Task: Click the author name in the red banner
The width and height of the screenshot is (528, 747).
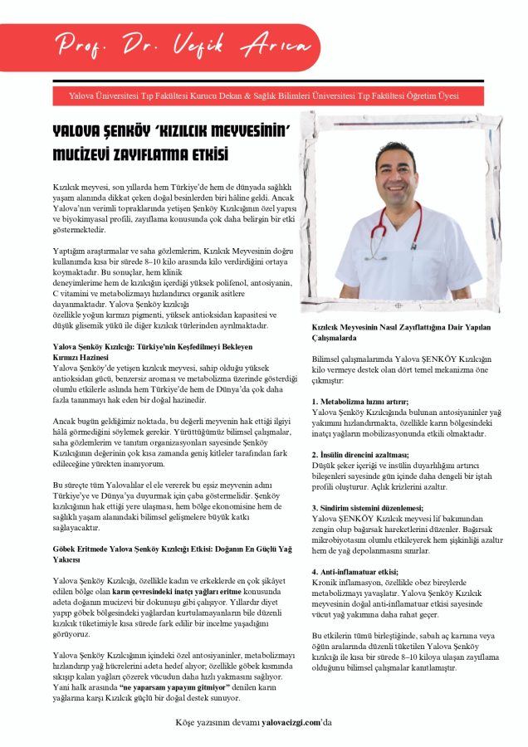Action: [x=219, y=44]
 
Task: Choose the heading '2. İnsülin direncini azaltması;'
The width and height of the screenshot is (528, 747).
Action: [x=360, y=455]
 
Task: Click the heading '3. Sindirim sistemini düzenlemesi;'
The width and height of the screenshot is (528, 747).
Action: [x=368, y=507]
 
